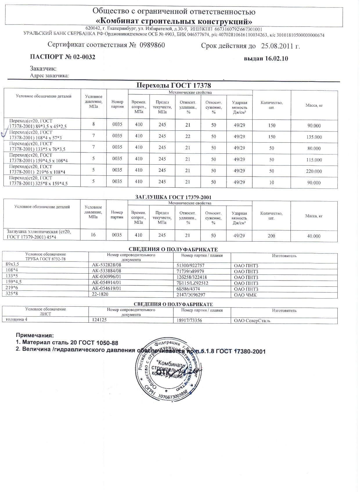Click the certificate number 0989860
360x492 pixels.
[152, 45]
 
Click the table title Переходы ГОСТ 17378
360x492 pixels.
[174, 85]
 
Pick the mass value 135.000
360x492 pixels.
[314, 137]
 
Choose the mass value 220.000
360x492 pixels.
[314, 171]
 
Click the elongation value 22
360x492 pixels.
[188, 136]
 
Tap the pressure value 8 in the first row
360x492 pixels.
[93, 124]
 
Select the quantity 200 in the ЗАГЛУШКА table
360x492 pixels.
[271, 236]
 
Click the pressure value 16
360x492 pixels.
[93, 235]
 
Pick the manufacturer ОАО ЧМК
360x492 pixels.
[245, 295]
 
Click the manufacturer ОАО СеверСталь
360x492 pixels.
[252, 321]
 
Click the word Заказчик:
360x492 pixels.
[43, 69]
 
